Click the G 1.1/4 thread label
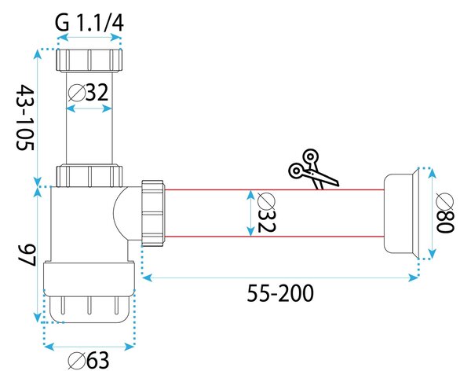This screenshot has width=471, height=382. (89, 23)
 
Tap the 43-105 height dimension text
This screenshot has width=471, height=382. (25, 117)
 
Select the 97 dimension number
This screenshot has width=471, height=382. (27, 255)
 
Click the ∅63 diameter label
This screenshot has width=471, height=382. (88, 360)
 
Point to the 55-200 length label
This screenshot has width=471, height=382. (280, 293)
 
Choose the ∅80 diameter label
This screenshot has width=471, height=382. (445, 213)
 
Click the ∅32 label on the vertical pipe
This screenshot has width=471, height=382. (88, 92)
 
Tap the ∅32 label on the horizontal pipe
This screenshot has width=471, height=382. (266, 213)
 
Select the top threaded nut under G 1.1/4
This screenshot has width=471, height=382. (89, 60)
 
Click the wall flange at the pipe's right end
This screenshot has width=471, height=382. (400, 213)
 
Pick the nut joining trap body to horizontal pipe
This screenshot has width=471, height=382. (152, 213)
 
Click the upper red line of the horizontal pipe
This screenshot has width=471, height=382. (274, 189)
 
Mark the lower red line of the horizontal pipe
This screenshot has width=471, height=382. (274, 237)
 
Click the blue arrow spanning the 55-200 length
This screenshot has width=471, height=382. (280, 277)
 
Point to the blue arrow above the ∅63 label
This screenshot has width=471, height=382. (89, 346)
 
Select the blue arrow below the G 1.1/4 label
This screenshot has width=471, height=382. (89, 37)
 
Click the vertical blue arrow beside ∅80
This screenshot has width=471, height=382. (432, 213)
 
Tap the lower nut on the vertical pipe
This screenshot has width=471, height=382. (89, 175)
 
